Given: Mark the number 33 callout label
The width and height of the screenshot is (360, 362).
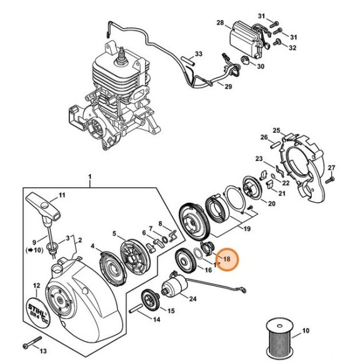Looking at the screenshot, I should pos(199,54).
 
